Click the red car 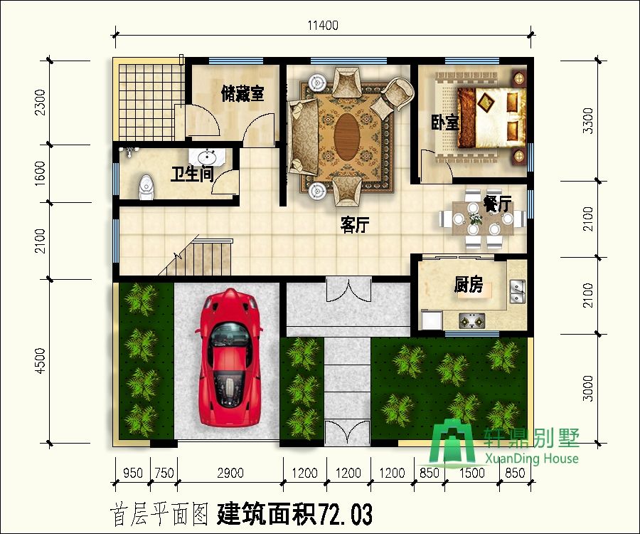(230, 358)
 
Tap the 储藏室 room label (242, 93)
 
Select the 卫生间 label (192, 174)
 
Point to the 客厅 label (355, 225)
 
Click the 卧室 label (445, 122)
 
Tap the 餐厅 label (497, 204)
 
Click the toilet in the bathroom (146, 187)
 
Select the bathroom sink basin (208, 157)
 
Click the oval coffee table (347, 137)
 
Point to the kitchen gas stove (472, 320)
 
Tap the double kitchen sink (518, 291)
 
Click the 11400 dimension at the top (323, 26)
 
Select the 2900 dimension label (230, 473)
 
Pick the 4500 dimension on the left (40, 360)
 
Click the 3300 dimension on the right (588, 120)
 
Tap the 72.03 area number (345, 514)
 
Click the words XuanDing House (531, 459)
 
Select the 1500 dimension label (472, 473)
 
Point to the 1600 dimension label (40, 173)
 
